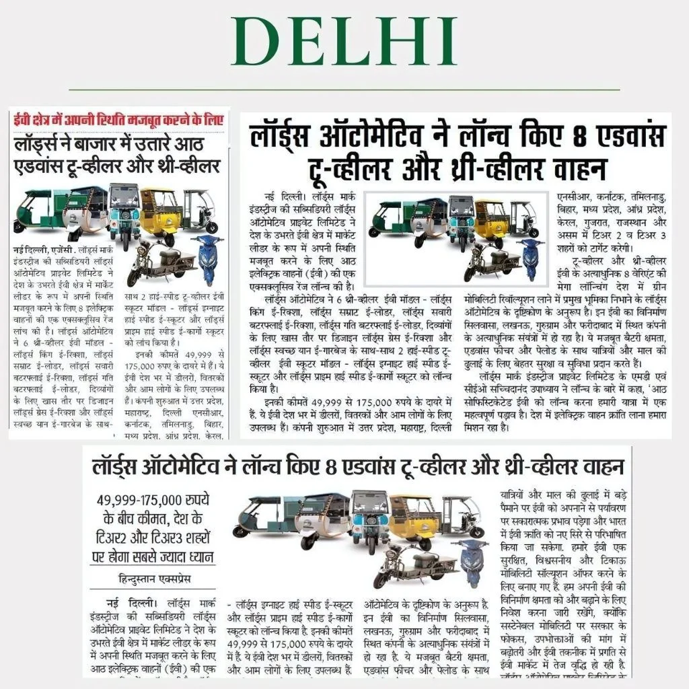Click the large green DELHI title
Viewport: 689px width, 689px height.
click(344, 42)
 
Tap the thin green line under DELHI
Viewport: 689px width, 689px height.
click(344, 89)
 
